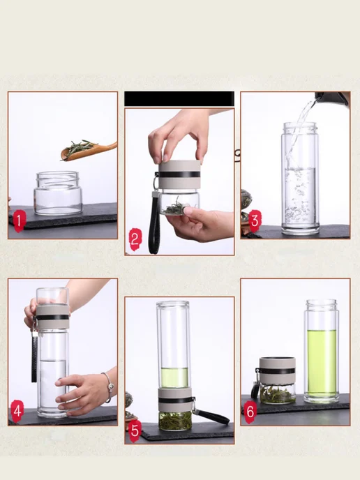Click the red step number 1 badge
coord(19,221)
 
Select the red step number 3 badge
coord(255,220)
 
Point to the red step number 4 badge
coord(17,411)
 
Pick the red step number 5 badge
coord(135,430)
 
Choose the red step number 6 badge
coord(250,412)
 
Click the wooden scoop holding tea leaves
coord(89,150)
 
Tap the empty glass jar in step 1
coord(58,193)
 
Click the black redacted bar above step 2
coord(179,98)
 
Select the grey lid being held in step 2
coord(180,174)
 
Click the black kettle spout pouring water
coord(332,98)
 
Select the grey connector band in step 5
coord(175,400)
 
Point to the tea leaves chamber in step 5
coord(175,421)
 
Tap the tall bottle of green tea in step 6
coord(322,351)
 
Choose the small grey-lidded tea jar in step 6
coord(277,380)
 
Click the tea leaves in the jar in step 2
coord(173,207)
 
